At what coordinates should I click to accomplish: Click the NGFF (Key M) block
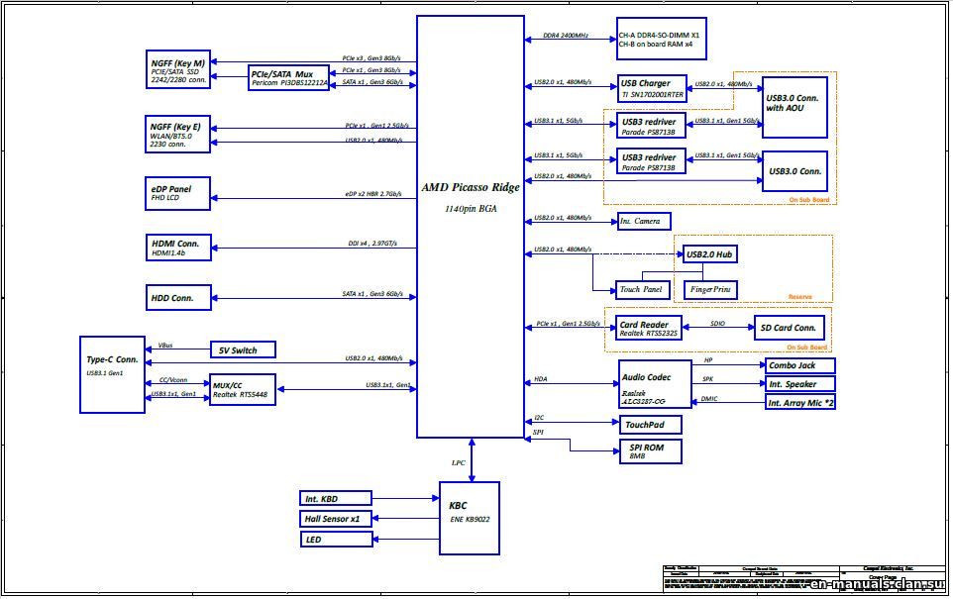178,72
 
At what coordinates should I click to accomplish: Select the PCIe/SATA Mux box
288,77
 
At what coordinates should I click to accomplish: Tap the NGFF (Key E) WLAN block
178,134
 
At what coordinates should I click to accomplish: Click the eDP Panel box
178,193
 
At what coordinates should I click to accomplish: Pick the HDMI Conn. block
178,248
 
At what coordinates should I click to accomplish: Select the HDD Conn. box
178,296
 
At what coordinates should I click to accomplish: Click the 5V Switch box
242,349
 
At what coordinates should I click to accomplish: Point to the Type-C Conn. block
112,374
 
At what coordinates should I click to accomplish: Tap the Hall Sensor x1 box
336,519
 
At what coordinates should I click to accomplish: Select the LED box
336,540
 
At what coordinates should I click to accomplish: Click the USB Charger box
651,88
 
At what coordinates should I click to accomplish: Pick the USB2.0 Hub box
709,254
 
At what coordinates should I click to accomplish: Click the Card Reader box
650,329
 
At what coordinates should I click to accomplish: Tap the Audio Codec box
655,385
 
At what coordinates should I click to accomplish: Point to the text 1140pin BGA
471,209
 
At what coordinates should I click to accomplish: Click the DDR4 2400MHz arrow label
566,36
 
